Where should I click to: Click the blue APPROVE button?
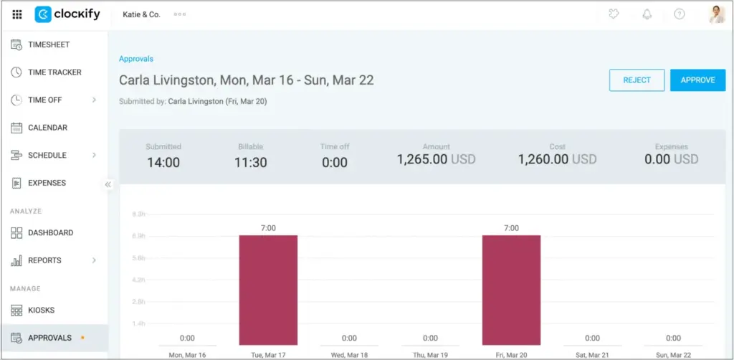697,80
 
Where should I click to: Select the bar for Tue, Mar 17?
268,290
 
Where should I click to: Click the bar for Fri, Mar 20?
511,290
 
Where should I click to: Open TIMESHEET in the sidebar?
49,44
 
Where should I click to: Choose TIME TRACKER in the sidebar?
54,72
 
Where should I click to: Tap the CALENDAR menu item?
47,128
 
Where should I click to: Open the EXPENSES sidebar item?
47,183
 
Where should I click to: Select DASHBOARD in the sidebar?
50,232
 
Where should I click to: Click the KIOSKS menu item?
41,310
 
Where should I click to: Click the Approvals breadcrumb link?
136,59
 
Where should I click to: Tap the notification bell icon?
647,14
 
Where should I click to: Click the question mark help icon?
679,14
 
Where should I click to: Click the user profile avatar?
717,14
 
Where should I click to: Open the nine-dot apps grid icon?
17,14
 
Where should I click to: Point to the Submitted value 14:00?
163,163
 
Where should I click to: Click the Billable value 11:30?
250,163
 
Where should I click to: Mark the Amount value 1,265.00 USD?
436,159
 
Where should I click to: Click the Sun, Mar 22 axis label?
673,354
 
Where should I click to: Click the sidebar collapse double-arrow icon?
108,184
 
